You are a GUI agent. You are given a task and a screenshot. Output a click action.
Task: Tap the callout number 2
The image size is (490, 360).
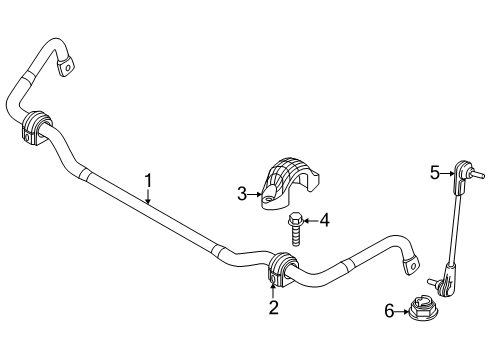pos(272,307)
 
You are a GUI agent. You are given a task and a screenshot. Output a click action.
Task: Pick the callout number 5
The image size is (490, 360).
pos(436,173)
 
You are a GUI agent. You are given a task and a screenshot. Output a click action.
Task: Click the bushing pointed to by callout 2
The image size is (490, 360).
pos(278,269)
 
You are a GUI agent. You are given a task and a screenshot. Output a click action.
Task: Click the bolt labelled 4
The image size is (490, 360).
pos(296,226)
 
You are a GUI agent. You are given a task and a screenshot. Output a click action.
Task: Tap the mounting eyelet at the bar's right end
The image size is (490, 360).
pos(408,265)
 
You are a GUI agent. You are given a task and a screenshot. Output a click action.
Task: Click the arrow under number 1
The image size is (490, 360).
pos(147,198)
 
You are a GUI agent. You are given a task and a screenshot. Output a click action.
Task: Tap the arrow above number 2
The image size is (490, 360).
pos(272,292)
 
